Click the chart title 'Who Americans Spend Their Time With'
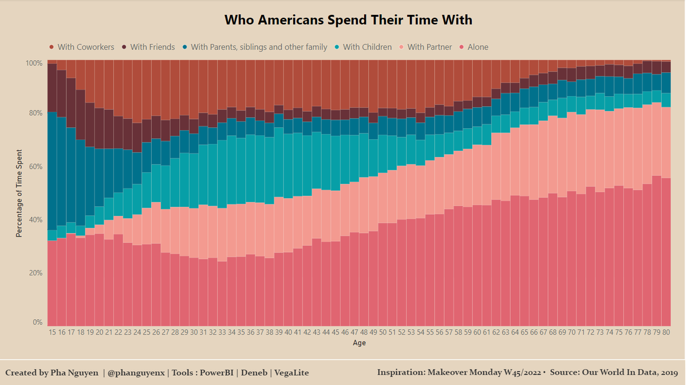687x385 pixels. coord(348,20)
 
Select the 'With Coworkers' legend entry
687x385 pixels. coord(85,47)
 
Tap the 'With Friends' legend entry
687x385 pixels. coord(152,47)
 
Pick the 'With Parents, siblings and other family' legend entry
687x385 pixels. coord(259,47)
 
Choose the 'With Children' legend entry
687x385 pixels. coord(367,47)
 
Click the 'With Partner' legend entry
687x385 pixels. coord(429,47)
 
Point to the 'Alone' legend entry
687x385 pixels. coord(477,47)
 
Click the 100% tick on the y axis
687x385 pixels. coord(34,63)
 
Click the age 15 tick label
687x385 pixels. coord(52,332)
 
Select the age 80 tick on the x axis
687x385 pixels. coord(665,332)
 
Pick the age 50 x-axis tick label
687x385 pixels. coord(382,332)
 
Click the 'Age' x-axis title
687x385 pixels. coord(359,343)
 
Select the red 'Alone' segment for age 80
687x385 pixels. coord(665,252)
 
